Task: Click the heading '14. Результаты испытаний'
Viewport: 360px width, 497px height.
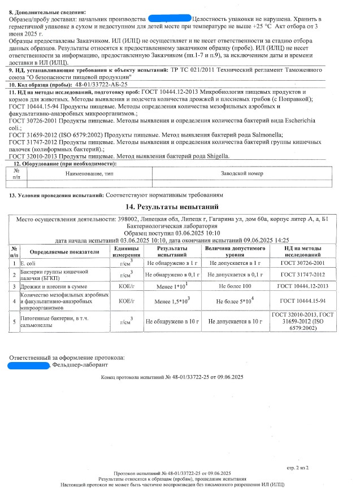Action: click(179, 207)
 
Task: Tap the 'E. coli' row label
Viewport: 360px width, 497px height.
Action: click(28, 263)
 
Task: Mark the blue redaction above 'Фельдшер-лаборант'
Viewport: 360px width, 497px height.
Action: click(28, 366)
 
